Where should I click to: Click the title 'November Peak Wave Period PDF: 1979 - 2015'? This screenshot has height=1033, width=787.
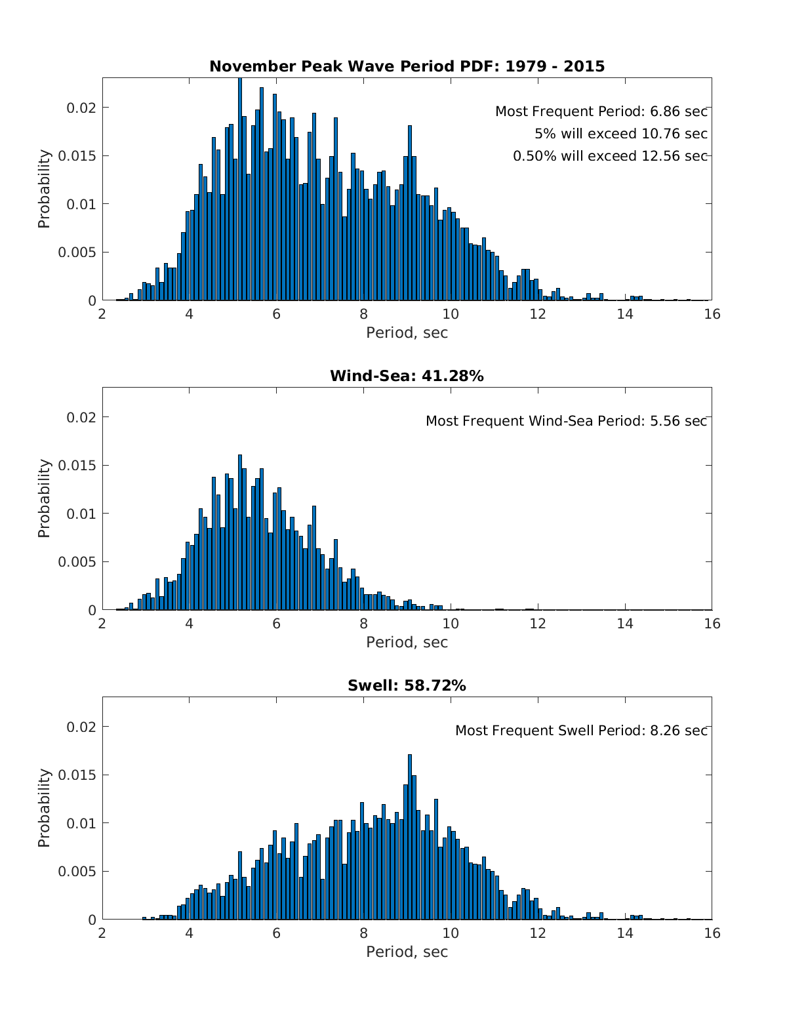[407, 66]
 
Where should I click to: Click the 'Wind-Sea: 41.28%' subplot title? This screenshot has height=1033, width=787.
[407, 376]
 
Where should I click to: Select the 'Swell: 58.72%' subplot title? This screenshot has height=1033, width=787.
[407, 685]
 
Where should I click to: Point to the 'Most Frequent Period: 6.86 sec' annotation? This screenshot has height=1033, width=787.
[601, 111]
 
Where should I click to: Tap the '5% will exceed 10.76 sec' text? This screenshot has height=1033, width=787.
[620, 134]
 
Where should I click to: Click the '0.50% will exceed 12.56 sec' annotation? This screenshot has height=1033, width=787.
[610, 156]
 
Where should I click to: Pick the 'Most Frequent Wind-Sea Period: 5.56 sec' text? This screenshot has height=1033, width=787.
[566, 421]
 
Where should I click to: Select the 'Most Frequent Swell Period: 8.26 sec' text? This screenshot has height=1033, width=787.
[581, 731]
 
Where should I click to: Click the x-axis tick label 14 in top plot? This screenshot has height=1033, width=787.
[625, 314]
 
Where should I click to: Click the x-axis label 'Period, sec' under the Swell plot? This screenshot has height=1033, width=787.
[407, 952]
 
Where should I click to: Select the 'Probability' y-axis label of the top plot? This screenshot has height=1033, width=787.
[44, 189]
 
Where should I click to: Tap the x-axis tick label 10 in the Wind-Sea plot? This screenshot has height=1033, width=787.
[451, 624]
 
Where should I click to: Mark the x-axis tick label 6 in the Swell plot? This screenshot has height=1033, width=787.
[276, 933]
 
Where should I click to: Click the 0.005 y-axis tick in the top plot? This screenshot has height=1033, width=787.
[77, 253]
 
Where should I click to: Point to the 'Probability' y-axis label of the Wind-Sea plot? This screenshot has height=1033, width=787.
[44, 498]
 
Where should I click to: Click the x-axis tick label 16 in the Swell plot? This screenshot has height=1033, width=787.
[712, 933]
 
